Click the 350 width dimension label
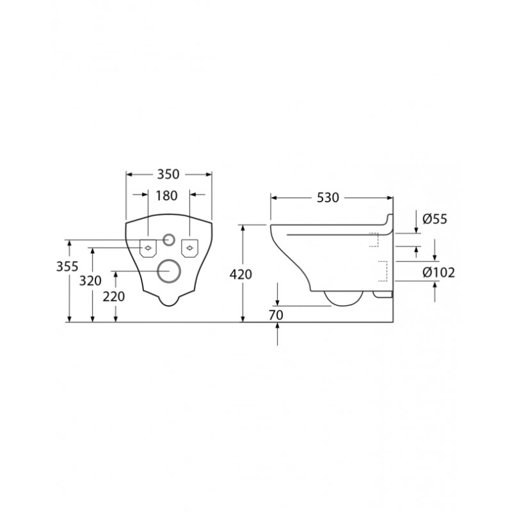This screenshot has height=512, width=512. [x=168, y=174]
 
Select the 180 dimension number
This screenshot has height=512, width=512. [x=166, y=196]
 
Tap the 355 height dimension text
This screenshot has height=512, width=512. [x=67, y=266]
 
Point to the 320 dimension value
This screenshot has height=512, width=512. [x=90, y=280]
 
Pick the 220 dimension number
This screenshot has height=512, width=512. [x=114, y=296]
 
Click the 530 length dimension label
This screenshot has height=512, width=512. [x=328, y=198]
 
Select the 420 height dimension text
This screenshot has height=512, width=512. [x=241, y=275]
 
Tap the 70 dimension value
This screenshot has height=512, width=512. [x=276, y=315]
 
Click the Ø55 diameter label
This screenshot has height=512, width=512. [x=435, y=219]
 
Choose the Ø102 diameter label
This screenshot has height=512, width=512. [x=438, y=273]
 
